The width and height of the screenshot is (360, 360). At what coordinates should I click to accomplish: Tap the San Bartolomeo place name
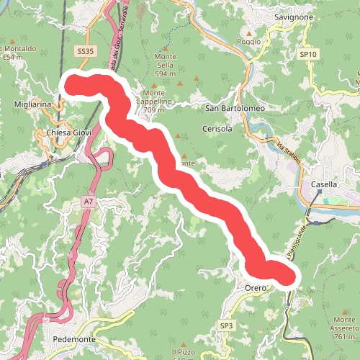[x=235, y=109]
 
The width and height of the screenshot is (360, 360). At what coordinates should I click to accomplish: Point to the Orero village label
[x=256, y=288]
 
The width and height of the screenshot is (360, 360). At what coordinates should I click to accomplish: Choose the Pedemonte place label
[x=75, y=339]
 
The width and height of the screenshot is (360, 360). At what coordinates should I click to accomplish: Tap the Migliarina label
[x=32, y=104]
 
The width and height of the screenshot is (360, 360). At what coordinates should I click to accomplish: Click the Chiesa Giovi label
[x=66, y=133]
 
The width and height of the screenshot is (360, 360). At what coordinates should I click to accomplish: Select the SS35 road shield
[x=84, y=52]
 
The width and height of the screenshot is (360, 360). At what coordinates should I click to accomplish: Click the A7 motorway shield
[x=88, y=202]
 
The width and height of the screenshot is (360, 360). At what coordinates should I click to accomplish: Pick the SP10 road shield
[x=308, y=54]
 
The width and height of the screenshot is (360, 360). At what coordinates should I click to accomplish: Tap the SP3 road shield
[x=227, y=326]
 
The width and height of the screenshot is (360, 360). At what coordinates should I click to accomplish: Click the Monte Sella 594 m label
[x=165, y=65]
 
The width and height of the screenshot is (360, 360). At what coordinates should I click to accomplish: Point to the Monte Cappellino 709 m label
[x=157, y=97]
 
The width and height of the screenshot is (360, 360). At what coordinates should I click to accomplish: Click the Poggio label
[x=248, y=42]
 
